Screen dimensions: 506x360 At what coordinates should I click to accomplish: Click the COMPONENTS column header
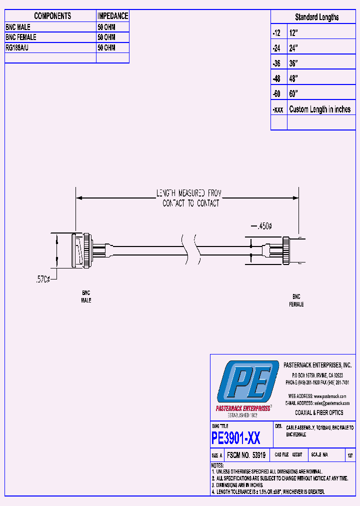(52, 16)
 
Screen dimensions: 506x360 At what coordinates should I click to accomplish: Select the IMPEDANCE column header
(112, 16)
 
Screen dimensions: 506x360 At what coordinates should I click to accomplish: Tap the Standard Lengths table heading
(316, 17)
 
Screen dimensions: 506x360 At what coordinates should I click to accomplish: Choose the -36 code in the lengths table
(276, 63)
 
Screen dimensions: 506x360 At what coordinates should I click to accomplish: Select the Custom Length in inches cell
(319, 109)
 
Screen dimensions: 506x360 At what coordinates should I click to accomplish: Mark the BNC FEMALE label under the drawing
(296, 300)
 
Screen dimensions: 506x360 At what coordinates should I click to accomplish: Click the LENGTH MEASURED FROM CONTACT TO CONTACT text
(190, 198)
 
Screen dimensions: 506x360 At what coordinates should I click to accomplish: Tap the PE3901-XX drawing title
(236, 438)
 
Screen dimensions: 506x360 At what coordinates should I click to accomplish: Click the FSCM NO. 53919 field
(246, 455)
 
